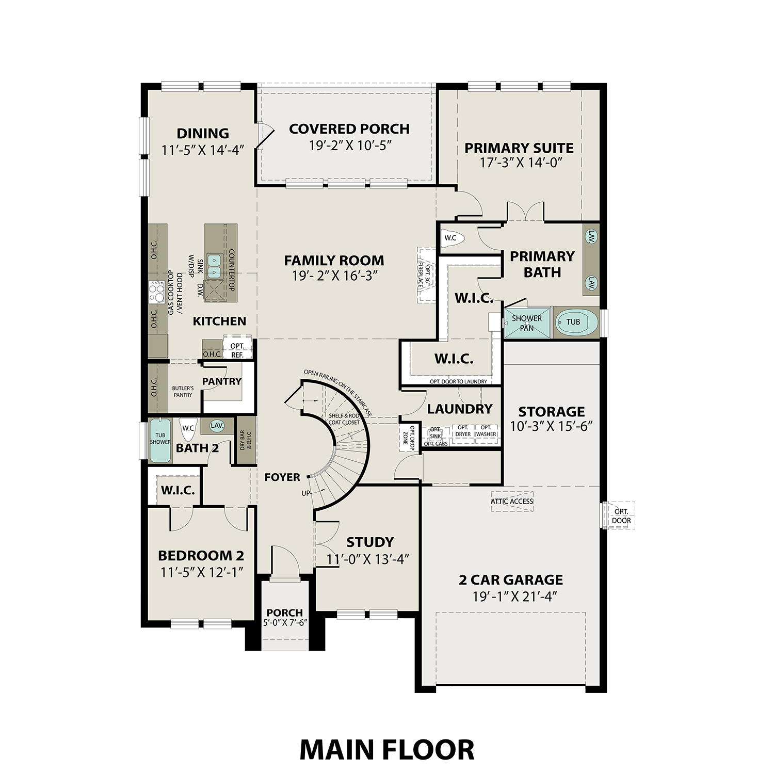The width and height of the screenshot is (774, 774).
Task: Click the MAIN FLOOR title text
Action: pos(386,750)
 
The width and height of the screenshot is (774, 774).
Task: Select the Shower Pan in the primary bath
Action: pos(527,323)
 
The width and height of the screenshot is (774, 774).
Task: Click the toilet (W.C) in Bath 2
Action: pos(188,428)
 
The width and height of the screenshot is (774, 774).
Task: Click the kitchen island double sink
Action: pos(214,266)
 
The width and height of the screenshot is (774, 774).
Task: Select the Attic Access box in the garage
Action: pos(512,501)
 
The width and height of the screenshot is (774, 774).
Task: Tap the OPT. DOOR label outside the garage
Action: pos(621,516)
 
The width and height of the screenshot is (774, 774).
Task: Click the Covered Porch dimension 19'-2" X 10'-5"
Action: pos(349,146)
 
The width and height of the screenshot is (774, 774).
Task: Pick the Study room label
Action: pos(370,542)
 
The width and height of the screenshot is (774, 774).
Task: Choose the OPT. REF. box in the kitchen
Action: pos(237,349)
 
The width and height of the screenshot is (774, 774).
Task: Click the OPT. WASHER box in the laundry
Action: pos(486,431)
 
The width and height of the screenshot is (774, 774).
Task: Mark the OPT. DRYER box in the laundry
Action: pos(463,431)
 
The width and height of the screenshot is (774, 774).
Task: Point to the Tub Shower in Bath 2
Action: pos(160,440)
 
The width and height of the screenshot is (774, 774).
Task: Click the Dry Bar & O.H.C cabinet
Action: pos(246,440)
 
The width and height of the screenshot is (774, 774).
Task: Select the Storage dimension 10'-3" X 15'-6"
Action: pos(551,427)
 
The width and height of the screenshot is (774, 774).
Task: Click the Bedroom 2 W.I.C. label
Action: pos(178,490)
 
